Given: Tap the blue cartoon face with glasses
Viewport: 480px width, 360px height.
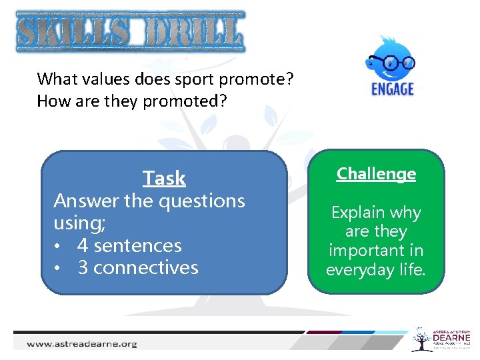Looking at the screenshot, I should pyautogui.click(x=390, y=61).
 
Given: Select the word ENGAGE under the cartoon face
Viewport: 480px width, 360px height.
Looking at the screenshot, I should pyautogui.click(x=393, y=89).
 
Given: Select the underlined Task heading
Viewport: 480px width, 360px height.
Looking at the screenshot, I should pyautogui.click(x=164, y=179).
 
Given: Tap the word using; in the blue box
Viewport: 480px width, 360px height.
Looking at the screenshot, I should pyautogui.click(x=79, y=223).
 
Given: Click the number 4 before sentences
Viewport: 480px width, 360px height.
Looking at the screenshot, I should pyautogui.click(x=83, y=246).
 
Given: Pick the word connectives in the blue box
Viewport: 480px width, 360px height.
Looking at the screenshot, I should pyautogui.click(x=146, y=268).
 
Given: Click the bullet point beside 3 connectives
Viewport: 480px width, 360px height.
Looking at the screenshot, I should pyautogui.click(x=59, y=269).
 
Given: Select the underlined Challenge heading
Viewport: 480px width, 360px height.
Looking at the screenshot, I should pyautogui.click(x=376, y=174).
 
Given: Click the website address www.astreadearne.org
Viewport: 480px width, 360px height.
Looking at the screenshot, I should pyautogui.click(x=82, y=344).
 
